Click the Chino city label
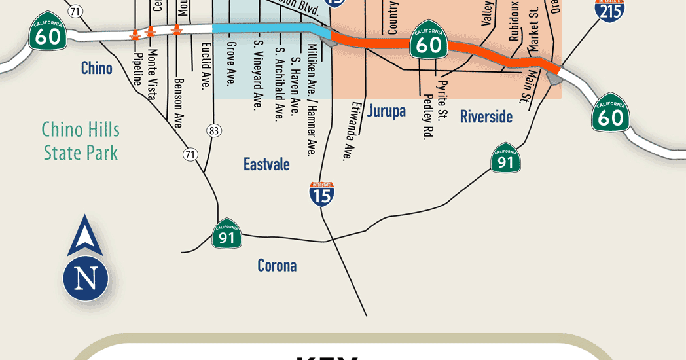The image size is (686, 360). [x=97, y=68]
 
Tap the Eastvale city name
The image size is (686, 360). [x=266, y=164]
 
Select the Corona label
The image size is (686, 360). [x=277, y=266]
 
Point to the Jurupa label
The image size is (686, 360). [x=386, y=111]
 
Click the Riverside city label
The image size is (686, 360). [x=486, y=117]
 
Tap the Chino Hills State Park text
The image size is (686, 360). [x=81, y=141]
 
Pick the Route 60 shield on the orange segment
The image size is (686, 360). [x=429, y=43]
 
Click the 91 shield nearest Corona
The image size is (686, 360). [x=227, y=234]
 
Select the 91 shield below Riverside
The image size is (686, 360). [x=505, y=158]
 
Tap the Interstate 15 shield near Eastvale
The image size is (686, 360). [x=322, y=194]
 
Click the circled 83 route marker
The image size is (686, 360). [x=214, y=130]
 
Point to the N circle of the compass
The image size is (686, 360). [x=85, y=278]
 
